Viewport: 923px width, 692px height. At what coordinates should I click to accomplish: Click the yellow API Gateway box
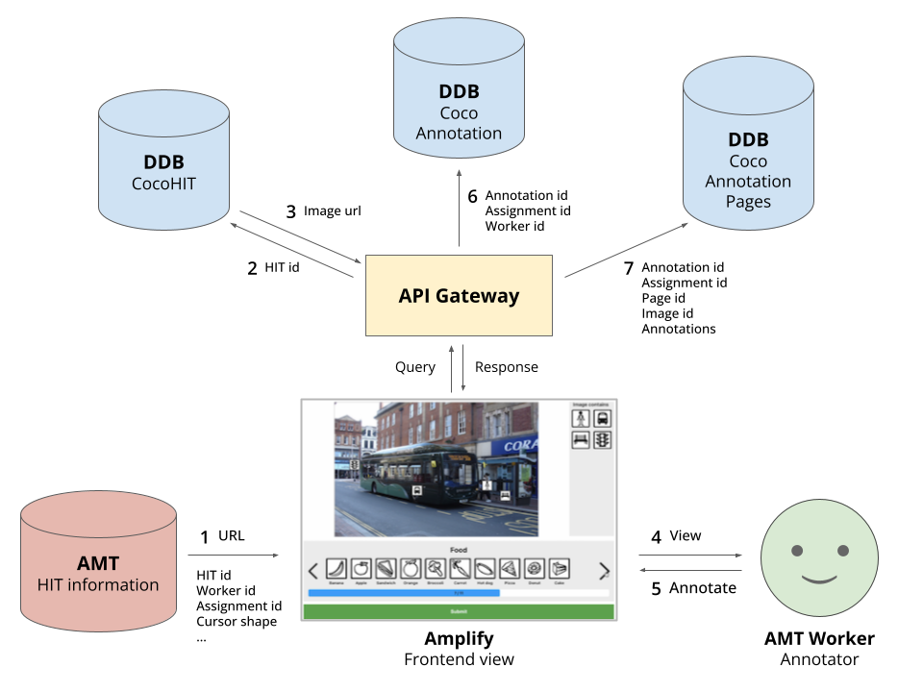(459, 295)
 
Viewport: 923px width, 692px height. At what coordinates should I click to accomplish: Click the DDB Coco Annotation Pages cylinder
(747, 154)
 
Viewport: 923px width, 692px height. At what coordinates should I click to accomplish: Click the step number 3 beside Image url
(290, 210)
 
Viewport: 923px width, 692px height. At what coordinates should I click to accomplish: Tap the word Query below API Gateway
(414, 367)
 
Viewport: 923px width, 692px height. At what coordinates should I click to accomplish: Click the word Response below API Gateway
(506, 367)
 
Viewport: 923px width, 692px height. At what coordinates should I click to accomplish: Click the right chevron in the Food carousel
(604, 571)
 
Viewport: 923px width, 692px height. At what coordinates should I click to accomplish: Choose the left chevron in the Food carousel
(312, 571)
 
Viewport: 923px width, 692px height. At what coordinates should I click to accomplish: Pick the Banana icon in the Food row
(336, 569)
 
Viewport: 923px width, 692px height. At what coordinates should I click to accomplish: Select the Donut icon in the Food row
(535, 569)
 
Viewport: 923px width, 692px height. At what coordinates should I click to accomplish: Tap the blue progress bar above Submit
(403, 593)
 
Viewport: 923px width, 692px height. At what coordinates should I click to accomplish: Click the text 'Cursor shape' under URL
(236, 621)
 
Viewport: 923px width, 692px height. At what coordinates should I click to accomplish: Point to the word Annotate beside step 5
(702, 588)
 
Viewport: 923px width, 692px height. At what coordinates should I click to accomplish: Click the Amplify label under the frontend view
(459, 639)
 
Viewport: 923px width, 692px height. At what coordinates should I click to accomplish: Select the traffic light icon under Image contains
(602, 440)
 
